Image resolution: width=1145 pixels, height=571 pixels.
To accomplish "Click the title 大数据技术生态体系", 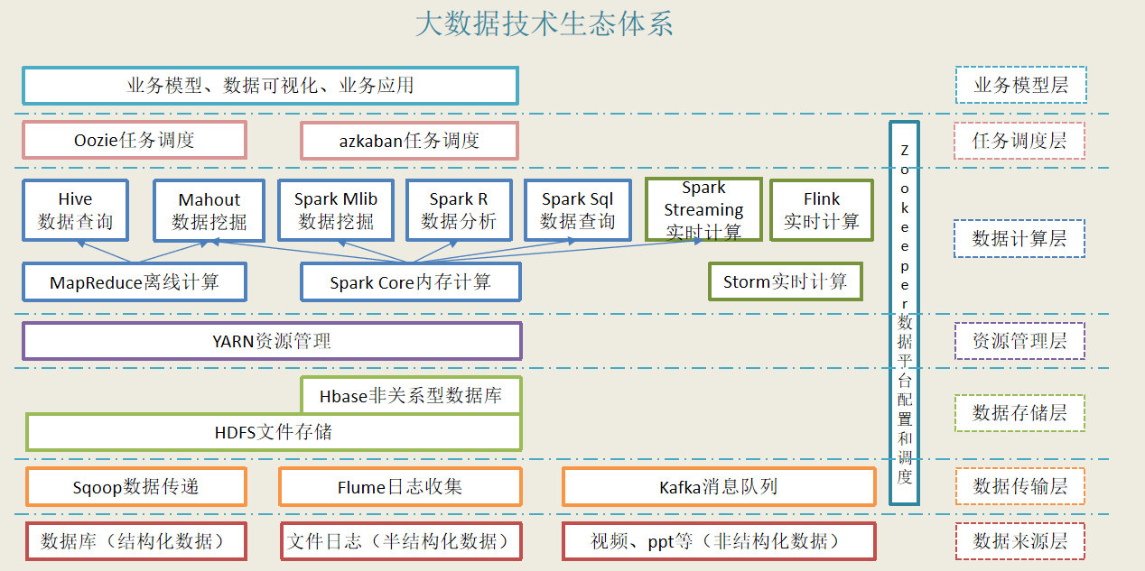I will (x=545, y=24).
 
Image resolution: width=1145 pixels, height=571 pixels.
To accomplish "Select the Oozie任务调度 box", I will (x=135, y=141).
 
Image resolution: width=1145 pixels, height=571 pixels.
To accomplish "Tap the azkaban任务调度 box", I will (x=409, y=141).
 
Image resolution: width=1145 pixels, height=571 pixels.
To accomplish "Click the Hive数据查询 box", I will (x=76, y=210).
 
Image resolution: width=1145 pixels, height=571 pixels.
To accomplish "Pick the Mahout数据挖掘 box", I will (x=209, y=210).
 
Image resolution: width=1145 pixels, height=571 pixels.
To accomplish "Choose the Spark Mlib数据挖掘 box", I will (x=336, y=210).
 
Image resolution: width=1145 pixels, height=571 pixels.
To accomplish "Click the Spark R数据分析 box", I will (x=459, y=210).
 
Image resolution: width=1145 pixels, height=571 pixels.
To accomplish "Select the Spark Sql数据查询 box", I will (x=578, y=210).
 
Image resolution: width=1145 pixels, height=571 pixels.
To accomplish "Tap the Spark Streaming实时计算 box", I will (x=703, y=210).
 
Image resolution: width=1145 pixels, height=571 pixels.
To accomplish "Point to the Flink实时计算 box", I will (x=822, y=210).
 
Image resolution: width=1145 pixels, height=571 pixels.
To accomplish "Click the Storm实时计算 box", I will (x=786, y=281).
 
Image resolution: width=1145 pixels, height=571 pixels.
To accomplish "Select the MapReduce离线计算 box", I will (x=135, y=282).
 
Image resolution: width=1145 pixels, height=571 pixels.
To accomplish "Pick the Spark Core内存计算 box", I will (x=410, y=282).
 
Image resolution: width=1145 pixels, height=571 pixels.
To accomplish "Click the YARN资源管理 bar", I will (x=272, y=341).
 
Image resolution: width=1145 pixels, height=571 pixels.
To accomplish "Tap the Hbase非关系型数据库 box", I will (x=410, y=395).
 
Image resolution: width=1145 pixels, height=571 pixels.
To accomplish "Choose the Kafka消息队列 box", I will (x=718, y=487).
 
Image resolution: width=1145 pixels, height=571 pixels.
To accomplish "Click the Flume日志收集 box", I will (x=400, y=487).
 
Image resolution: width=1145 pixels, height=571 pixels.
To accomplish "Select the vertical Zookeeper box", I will (x=904, y=313).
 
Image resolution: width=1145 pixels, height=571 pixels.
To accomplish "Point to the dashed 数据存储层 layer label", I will (x=1019, y=413).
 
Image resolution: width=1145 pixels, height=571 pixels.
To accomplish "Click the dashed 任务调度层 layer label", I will (x=1019, y=141).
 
